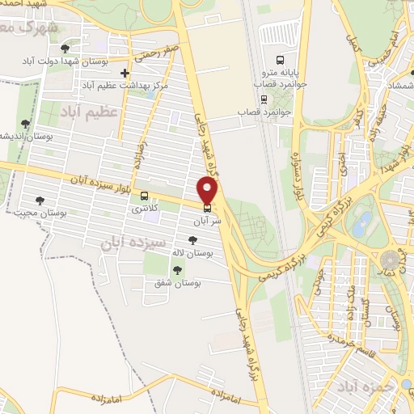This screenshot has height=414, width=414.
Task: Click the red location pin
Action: tap(208, 191)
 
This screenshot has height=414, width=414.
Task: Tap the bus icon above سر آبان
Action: tap(208, 206)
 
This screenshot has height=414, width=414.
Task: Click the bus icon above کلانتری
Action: tap(145, 196)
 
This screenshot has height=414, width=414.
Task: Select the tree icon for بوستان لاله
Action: tap(192, 239)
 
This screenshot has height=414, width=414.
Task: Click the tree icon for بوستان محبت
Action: tap(40, 201)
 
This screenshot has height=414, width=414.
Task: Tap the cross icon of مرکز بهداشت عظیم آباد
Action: tap(123, 73)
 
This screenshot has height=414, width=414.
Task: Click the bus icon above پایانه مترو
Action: tap(280, 59)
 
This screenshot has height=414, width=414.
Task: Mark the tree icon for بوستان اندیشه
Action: tap(25, 124)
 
